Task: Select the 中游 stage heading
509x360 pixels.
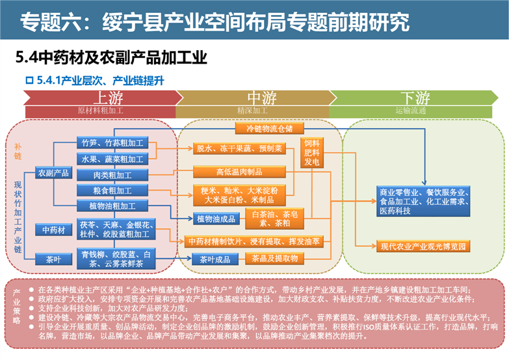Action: coord(261,98)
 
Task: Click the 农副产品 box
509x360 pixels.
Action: coord(53,173)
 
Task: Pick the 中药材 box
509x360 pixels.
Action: coord(53,229)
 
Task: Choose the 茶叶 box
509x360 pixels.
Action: coord(53,259)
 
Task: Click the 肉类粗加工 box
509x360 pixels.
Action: coord(112,175)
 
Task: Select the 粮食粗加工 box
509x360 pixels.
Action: coord(112,191)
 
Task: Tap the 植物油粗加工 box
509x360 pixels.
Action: coord(112,206)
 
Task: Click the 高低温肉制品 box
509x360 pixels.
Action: coord(239,172)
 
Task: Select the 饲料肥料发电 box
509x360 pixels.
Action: coord(311,152)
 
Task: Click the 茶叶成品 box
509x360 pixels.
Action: coord(213,259)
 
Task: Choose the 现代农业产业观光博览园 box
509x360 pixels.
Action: coord(423,246)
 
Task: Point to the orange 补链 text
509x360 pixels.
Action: coord(18,152)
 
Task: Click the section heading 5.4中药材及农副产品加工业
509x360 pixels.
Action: coord(111,58)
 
